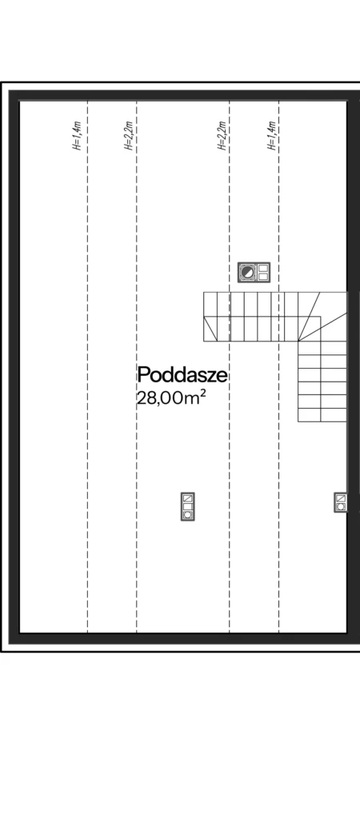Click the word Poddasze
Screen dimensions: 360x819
pos(182,375)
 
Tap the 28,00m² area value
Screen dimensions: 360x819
pos(171,398)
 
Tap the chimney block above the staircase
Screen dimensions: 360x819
pos(254,273)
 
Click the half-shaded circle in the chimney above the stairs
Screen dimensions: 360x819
pos(248,273)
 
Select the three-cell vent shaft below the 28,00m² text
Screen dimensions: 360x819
pos(187,506)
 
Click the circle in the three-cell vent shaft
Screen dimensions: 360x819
pos(187,515)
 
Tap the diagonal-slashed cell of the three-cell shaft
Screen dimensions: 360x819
pos(187,498)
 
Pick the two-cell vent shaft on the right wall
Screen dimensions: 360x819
pos(341,502)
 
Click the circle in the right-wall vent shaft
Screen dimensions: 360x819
pos(341,506)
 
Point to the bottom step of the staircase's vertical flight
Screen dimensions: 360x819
pos(322,415)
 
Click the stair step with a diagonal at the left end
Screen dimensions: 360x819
pos(210,329)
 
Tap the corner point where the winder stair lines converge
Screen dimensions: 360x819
pos(298,341)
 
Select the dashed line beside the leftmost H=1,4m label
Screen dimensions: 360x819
pos(87,366)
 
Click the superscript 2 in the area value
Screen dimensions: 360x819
pos(202,394)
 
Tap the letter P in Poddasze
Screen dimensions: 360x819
pos(143,375)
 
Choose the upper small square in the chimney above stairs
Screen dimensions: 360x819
pos(263,269)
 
